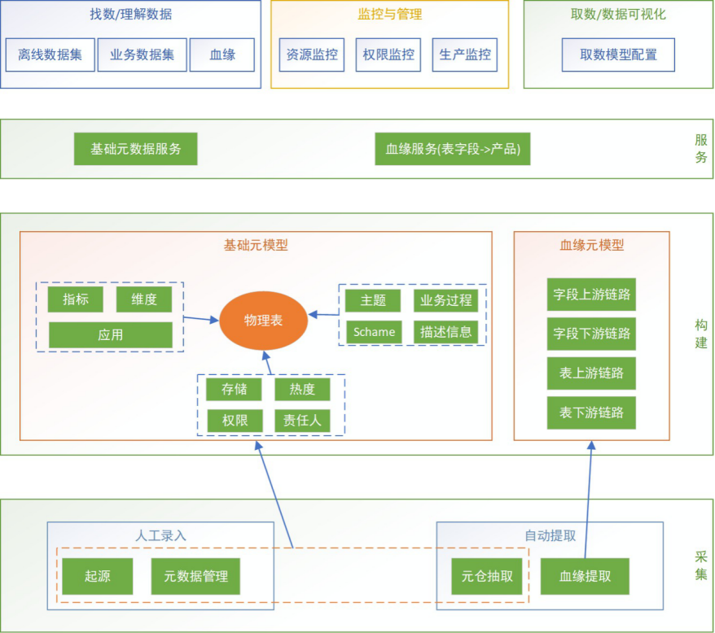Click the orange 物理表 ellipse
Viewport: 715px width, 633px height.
263,320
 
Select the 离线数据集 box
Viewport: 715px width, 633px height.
50,55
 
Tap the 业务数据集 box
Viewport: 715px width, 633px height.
143,55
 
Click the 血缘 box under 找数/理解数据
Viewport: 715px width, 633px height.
222,55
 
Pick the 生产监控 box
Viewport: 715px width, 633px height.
465,55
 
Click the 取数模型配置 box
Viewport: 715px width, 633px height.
618,55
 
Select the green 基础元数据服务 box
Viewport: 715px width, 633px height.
135,149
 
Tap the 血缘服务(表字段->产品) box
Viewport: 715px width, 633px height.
452,149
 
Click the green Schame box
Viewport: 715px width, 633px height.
374,332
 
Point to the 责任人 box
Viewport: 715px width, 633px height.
302,421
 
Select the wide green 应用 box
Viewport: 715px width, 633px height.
111,335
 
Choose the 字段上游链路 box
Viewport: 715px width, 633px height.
591,295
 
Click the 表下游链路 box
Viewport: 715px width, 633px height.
591,413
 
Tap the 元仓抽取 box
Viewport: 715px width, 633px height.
487,577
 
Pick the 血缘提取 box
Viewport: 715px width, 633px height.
585,577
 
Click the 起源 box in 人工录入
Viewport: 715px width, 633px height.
97,577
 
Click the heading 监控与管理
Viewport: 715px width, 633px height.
389,14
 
